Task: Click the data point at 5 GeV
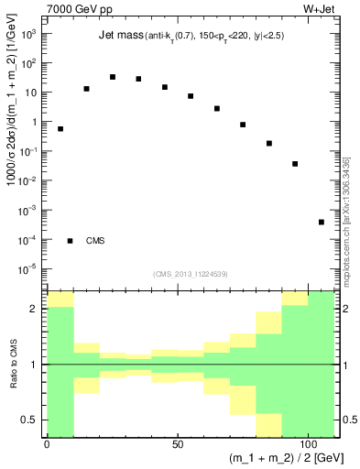click(x=60, y=129)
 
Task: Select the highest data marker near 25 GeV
click(x=113, y=77)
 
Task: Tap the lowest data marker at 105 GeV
click(x=322, y=223)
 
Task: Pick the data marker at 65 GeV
click(x=217, y=108)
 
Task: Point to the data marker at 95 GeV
click(x=295, y=164)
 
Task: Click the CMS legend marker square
click(x=71, y=241)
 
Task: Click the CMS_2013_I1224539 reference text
click(x=191, y=273)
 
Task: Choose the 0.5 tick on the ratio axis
click(x=32, y=420)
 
